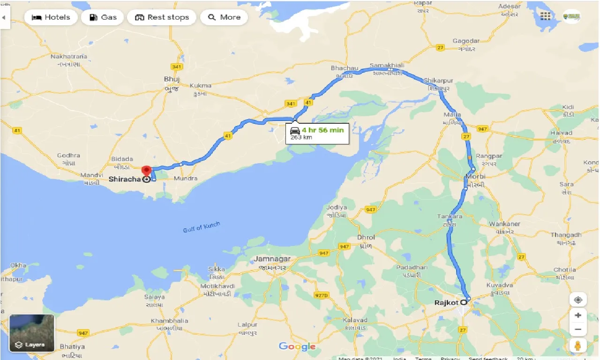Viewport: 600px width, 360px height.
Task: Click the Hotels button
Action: (x=51, y=17)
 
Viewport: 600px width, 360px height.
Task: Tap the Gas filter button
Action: (x=102, y=17)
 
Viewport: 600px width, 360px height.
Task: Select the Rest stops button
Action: (x=162, y=17)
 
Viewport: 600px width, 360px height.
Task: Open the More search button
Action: (x=224, y=17)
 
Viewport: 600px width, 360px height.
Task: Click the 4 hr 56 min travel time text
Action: (x=322, y=130)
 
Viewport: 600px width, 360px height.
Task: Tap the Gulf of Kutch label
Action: (x=202, y=227)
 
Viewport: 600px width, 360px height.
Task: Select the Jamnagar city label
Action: (x=272, y=259)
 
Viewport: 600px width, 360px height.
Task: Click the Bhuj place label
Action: (x=172, y=79)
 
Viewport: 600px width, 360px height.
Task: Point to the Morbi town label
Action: (x=475, y=176)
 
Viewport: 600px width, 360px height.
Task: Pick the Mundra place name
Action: (x=185, y=179)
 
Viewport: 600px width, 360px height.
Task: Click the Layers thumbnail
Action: (x=32, y=333)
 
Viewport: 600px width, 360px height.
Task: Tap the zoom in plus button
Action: (x=578, y=315)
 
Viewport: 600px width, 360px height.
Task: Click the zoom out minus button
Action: (x=578, y=330)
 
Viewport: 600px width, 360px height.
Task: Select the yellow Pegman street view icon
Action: (x=578, y=346)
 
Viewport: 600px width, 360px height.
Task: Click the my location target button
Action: (x=578, y=300)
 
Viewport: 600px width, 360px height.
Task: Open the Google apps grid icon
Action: (x=546, y=16)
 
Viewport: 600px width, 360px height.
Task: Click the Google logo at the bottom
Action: (x=297, y=346)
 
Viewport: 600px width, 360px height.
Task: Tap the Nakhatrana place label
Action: (x=68, y=57)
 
